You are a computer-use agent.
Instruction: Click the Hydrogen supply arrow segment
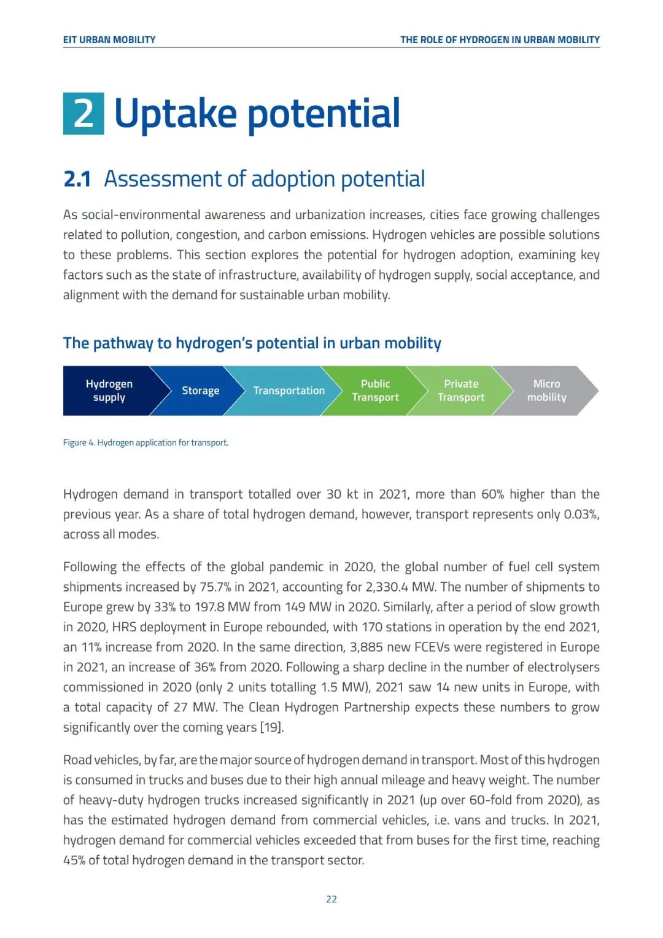pyautogui.click(x=109, y=391)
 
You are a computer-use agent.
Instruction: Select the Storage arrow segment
pyautogui.click(x=200, y=391)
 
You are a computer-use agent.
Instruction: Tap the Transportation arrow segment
pyautogui.click(x=289, y=391)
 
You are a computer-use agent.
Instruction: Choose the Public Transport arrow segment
pyautogui.click(x=375, y=391)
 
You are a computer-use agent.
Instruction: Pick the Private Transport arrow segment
pyautogui.click(x=461, y=391)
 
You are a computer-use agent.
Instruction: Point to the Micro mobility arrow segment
pyautogui.click(x=546, y=391)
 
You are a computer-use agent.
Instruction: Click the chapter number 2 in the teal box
pyautogui.click(x=83, y=114)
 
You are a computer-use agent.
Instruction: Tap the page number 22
pyautogui.click(x=331, y=899)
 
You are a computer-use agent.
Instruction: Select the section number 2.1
pyautogui.click(x=77, y=179)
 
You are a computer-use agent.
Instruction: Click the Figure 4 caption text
pyautogui.click(x=145, y=443)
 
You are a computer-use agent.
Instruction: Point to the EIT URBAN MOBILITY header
pyautogui.click(x=109, y=40)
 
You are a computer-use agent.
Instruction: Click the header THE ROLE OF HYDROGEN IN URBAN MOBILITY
pyautogui.click(x=500, y=40)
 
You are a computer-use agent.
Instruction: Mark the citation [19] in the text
pyautogui.click(x=271, y=728)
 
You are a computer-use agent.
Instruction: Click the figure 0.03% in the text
pyautogui.click(x=581, y=515)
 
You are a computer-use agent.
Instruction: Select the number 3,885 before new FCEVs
pyautogui.click(x=368, y=647)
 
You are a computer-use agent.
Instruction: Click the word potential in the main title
pyautogui.click(x=324, y=114)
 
